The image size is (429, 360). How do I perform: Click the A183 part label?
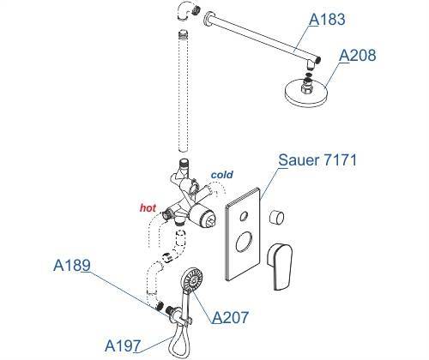coord(327,20)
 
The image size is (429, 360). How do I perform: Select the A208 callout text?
coord(357,55)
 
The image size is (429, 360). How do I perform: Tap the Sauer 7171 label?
coord(317,160)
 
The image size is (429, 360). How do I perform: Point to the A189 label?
coord(72,265)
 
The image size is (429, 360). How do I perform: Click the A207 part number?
coord(230,317)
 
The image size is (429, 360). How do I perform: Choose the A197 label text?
coord(123,346)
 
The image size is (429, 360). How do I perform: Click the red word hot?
coord(148,208)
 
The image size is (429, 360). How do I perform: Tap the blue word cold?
coord(221,175)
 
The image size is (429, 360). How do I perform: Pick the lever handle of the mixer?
coord(280,267)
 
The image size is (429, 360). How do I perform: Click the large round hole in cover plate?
coord(244,242)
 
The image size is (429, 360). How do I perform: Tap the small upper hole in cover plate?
coord(244,216)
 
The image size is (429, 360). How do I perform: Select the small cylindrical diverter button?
coord(276,217)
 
